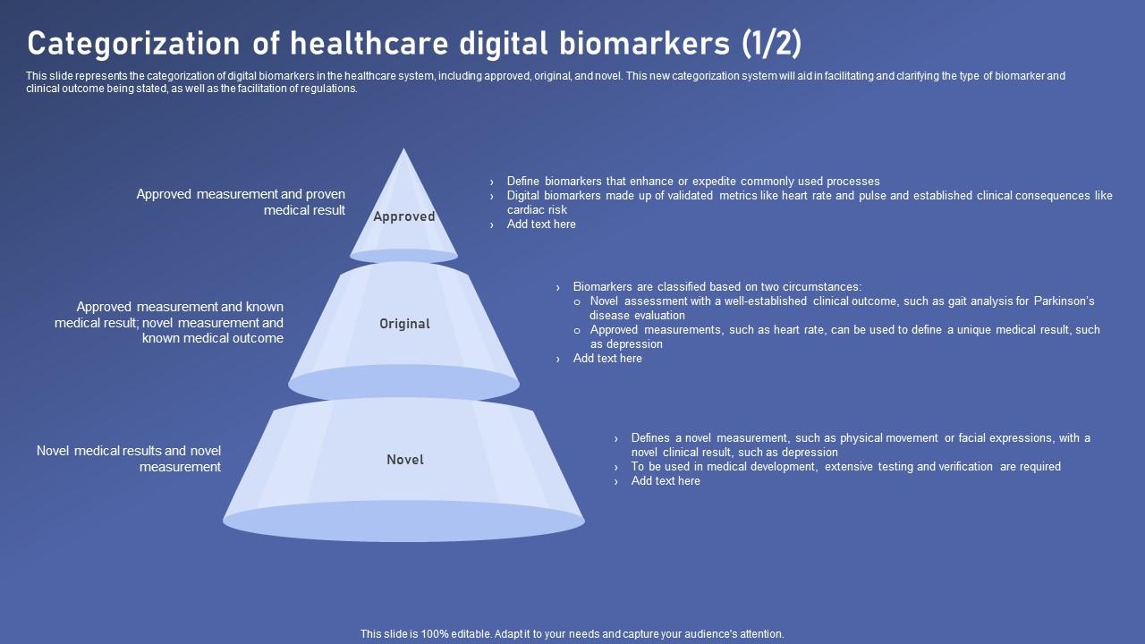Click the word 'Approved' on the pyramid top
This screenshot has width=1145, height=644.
[404, 216]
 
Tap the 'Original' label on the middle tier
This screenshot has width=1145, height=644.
[404, 324]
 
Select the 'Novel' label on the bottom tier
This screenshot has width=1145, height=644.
[405, 460]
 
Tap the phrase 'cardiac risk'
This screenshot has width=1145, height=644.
[537, 210]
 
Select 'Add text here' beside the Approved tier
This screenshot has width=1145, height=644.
[541, 225]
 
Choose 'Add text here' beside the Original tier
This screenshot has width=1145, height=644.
[607, 359]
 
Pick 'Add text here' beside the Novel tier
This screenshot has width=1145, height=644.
[666, 481]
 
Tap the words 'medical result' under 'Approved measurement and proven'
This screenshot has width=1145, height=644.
[304, 211]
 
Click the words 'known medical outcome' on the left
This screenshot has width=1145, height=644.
[213, 339]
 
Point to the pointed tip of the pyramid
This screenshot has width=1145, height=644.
[404, 151]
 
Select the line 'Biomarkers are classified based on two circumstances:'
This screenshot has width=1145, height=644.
[717, 287]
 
